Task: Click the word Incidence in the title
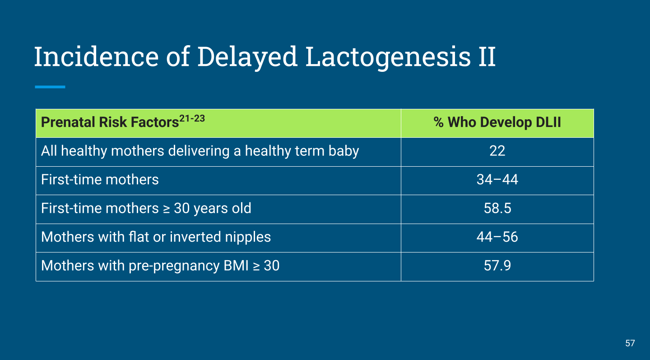point(96,56)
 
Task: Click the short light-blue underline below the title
point(50,87)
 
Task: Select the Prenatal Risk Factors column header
point(110,122)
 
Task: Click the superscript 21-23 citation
point(192,118)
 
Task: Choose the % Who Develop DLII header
point(497,122)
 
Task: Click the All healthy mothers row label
point(200,151)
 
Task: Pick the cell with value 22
point(497,151)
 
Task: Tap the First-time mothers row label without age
point(100,179)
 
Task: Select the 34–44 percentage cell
point(497,179)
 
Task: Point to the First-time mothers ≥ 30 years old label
point(146,208)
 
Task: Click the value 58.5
point(497,208)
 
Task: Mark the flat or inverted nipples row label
point(156,237)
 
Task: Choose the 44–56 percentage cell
point(497,237)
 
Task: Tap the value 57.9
point(497,266)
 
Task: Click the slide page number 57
point(630,343)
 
